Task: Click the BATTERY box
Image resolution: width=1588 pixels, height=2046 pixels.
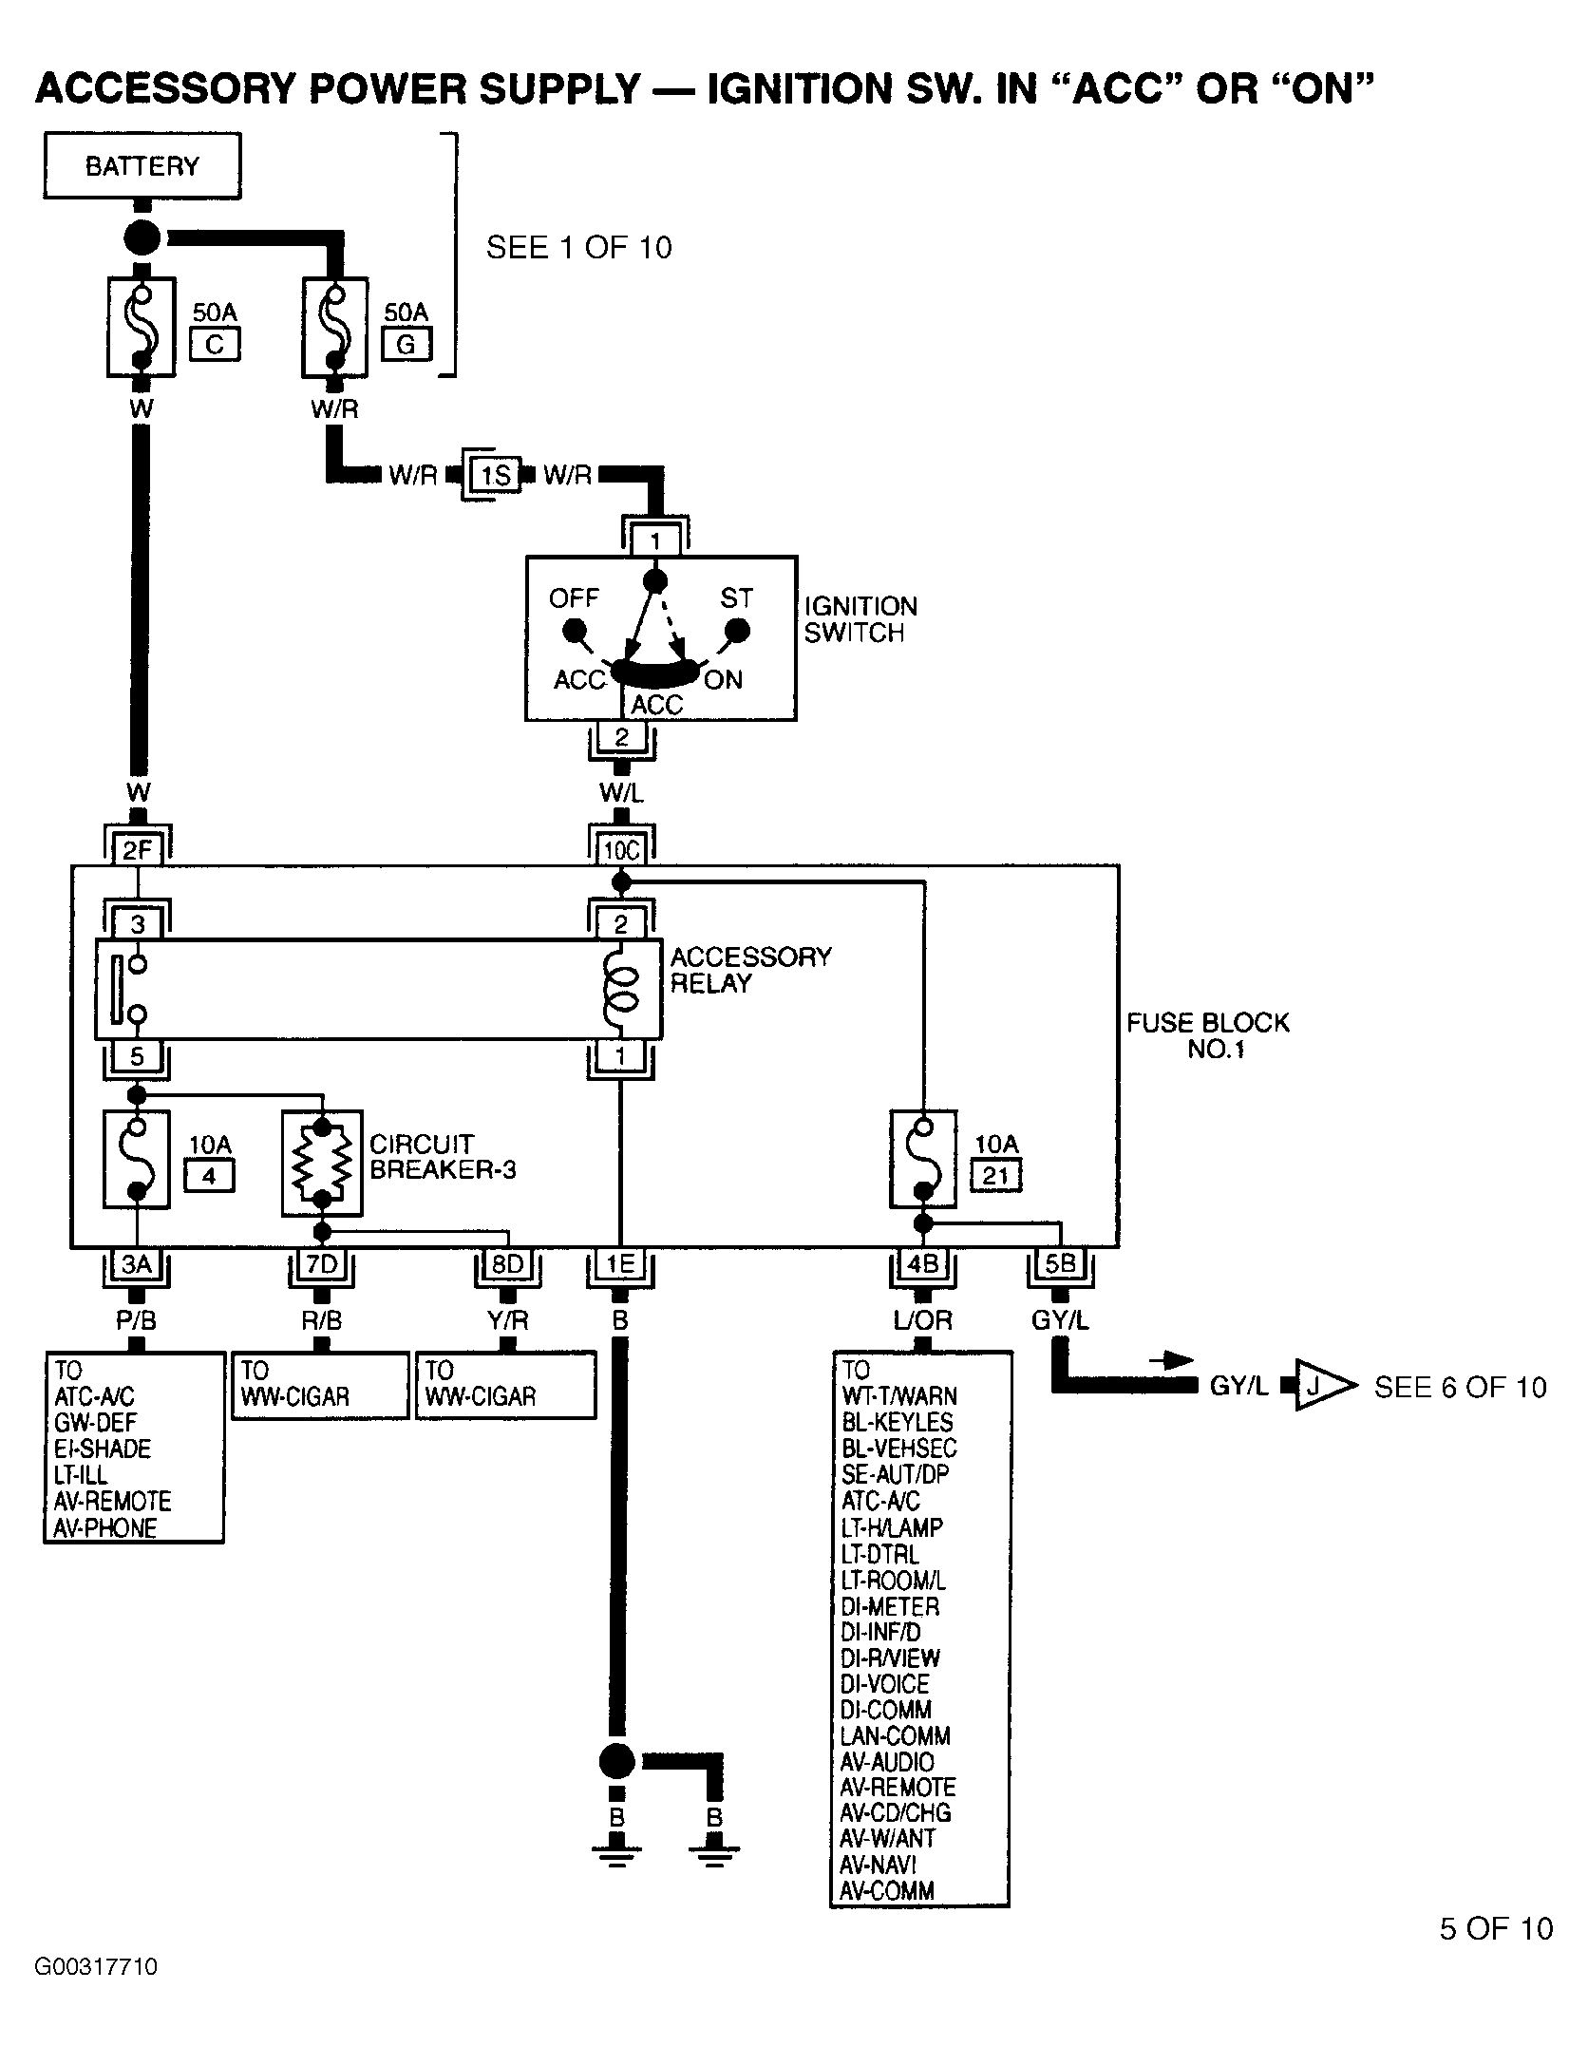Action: pos(142,166)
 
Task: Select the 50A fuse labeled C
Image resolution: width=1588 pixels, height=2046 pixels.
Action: pos(141,328)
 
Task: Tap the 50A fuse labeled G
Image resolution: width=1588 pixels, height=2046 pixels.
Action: pos(334,328)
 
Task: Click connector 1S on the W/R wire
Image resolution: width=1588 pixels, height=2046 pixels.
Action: pos(495,474)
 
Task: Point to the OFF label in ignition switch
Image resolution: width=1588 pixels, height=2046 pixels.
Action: pos(574,598)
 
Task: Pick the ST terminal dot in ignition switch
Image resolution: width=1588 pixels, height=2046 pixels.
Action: pos(737,631)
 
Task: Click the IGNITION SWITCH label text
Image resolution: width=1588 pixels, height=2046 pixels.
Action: pos(860,619)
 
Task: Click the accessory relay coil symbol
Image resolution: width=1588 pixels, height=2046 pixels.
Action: pos(620,989)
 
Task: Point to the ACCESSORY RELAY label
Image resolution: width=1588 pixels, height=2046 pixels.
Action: pos(750,970)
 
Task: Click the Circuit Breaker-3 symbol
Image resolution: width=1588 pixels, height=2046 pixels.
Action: pos(323,1163)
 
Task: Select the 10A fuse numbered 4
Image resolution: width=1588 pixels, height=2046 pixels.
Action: pos(138,1159)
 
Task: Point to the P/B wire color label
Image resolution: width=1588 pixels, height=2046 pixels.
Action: pos(136,1319)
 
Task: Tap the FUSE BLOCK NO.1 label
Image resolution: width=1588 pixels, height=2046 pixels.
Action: pos(1208,1035)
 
